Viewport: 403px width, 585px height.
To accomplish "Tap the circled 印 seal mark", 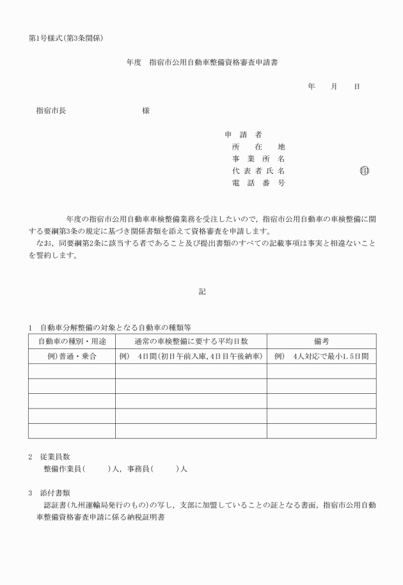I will click(365, 171).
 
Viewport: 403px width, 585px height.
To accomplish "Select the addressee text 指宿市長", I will click(51, 110).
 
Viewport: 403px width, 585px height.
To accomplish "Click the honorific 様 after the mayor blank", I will click(146, 110).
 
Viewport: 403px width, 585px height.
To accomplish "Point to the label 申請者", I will click(243, 135).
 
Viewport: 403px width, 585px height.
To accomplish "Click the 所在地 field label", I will click(258, 147).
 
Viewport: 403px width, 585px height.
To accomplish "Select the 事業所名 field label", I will click(258, 159).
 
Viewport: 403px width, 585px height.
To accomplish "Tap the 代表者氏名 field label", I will click(258, 171).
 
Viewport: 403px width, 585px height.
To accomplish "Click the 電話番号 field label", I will click(258, 183).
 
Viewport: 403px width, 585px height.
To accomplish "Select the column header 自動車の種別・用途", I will click(72, 341).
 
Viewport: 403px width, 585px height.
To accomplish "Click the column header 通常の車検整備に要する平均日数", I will click(191, 341).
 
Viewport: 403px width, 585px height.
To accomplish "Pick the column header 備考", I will click(321, 341).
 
